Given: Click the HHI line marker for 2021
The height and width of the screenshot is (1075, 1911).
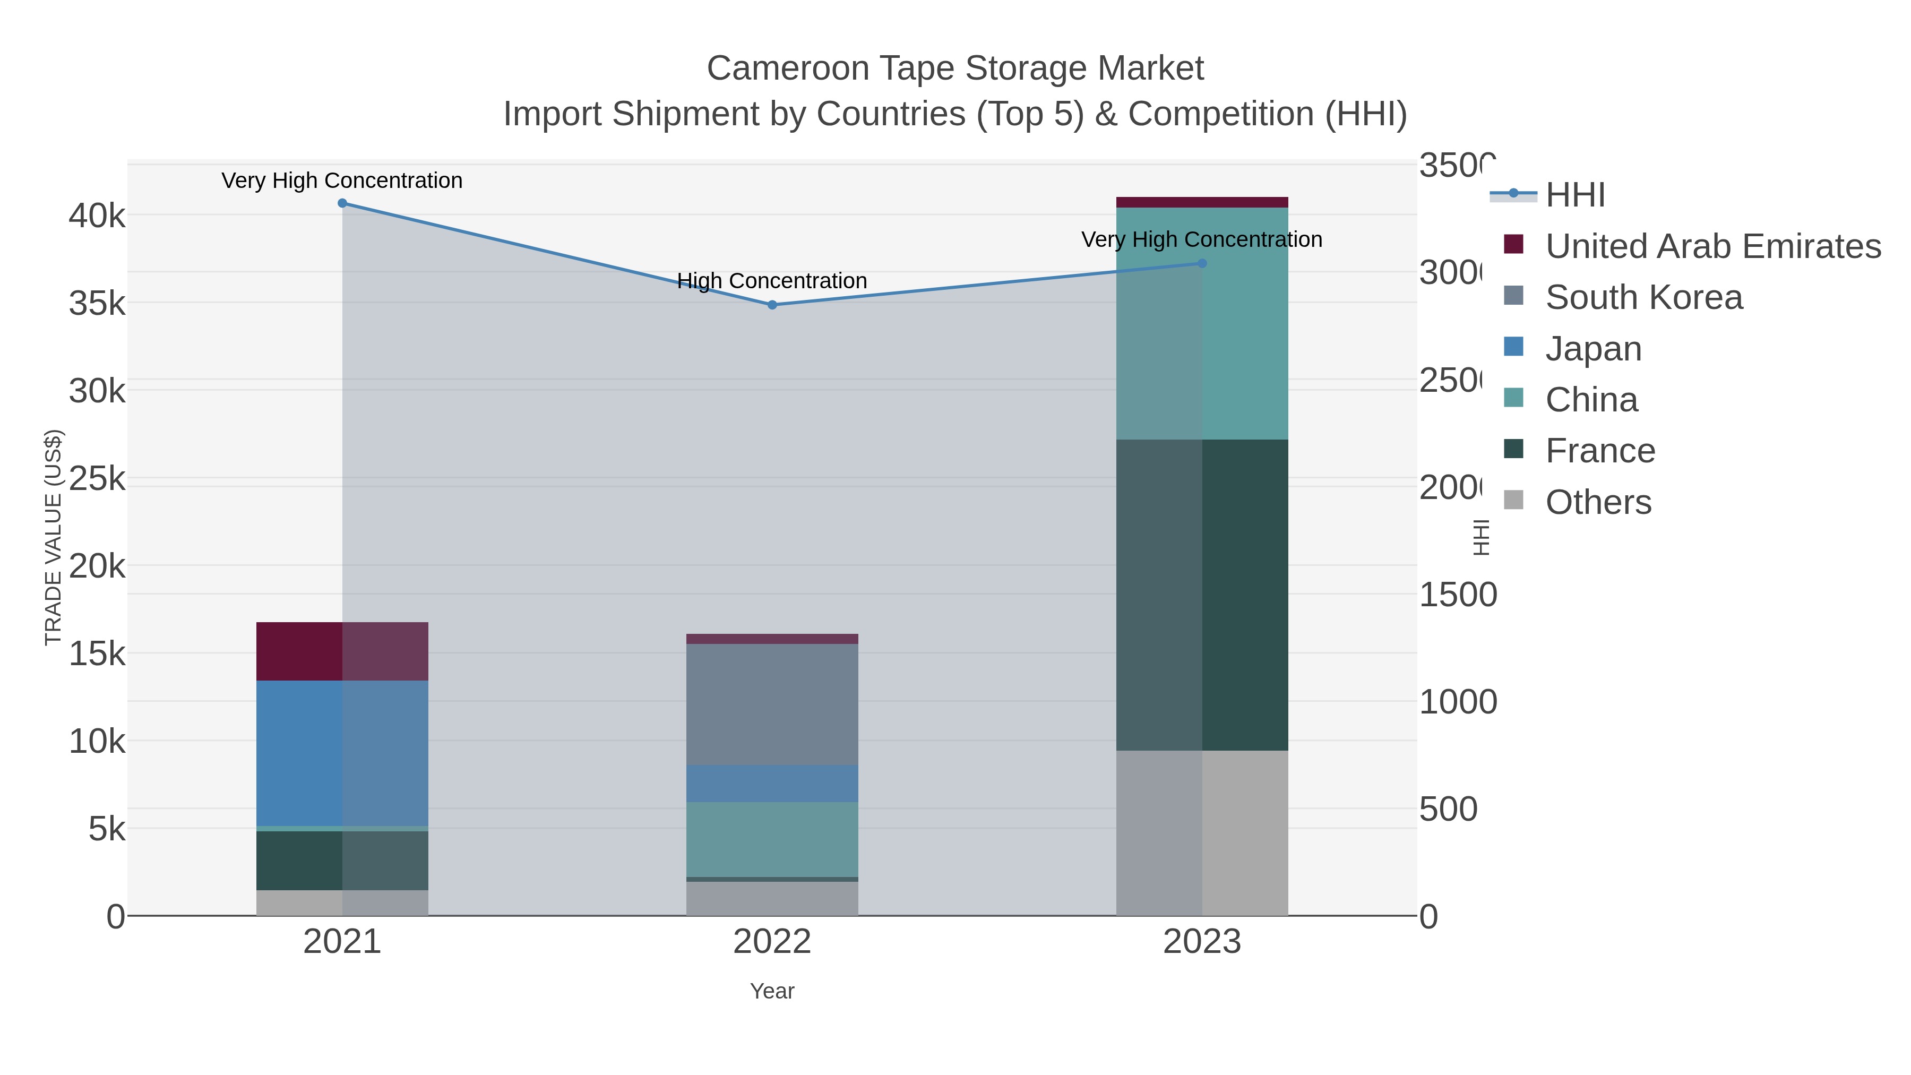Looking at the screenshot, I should pyautogui.click(x=342, y=203).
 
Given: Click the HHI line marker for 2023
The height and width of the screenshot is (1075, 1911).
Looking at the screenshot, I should pyautogui.click(x=1202, y=263).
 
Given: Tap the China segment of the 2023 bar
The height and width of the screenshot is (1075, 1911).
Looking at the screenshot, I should pyautogui.click(x=1202, y=323).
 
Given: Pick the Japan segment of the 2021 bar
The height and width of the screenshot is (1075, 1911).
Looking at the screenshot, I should pyautogui.click(x=342, y=753).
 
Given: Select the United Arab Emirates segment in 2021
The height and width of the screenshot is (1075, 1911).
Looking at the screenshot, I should pyautogui.click(x=342, y=651).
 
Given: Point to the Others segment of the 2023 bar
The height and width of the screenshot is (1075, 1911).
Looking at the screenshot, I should pyautogui.click(x=1202, y=832).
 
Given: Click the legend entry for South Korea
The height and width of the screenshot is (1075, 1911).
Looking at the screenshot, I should pyautogui.click(x=1643, y=297).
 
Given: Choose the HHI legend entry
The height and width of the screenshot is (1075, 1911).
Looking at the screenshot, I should pyautogui.click(x=1575, y=195).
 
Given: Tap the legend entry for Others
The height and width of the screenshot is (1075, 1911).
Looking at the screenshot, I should pyautogui.click(x=1598, y=502).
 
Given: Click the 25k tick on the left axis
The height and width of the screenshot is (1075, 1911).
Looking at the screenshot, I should pyautogui.click(x=97, y=479).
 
